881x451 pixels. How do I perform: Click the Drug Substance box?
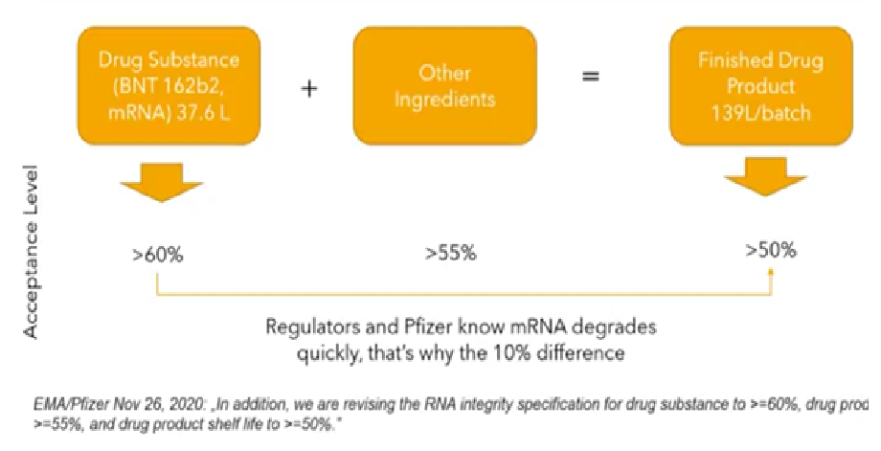tap(169, 85)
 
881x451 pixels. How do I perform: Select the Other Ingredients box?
tap(444, 85)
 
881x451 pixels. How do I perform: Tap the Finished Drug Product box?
tap(760, 85)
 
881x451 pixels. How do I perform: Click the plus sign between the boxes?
tap(309, 89)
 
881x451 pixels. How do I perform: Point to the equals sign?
tap(590, 76)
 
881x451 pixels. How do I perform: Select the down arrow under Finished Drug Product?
tap(765, 177)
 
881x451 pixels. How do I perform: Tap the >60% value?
tap(158, 255)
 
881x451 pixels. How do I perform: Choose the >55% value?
tap(451, 254)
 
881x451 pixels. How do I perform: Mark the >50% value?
tap(771, 250)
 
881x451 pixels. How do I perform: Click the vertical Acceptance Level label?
tap(32, 251)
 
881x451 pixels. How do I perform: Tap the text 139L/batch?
tap(760, 113)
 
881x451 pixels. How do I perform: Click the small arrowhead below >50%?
tap(771, 272)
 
